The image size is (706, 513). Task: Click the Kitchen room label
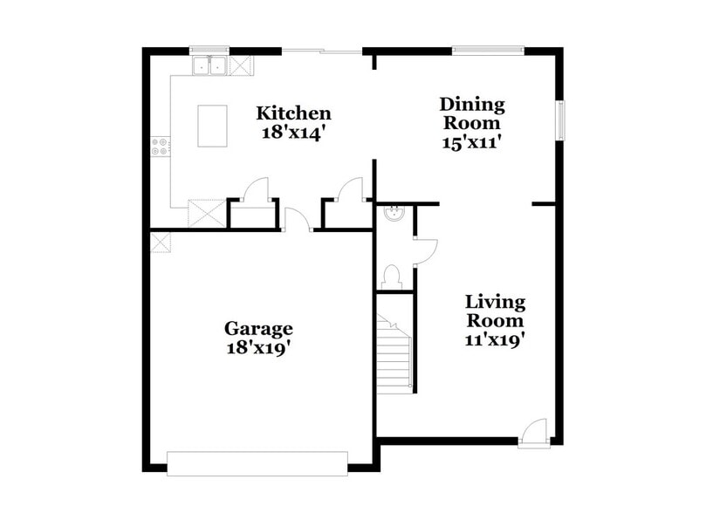click(293, 113)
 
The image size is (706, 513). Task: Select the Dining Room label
click(471, 113)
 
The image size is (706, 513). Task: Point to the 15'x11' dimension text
click(471, 142)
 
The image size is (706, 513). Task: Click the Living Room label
click(495, 311)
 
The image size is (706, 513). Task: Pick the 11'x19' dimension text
click(495, 341)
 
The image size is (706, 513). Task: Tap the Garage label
click(258, 329)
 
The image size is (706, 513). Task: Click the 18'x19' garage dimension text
click(258, 347)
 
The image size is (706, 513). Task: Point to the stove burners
click(160, 146)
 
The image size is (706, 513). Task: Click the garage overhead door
click(257, 463)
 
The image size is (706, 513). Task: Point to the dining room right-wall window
click(561, 120)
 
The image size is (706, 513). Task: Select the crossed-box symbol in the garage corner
click(160, 242)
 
